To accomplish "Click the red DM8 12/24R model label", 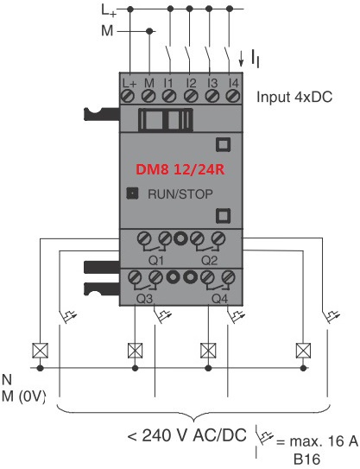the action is [x=180, y=169].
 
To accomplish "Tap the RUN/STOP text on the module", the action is [x=180, y=194].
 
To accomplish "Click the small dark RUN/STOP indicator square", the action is [x=132, y=193].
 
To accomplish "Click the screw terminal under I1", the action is [x=168, y=96].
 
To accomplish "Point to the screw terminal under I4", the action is [x=233, y=96].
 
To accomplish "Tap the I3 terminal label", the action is [x=212, y=83].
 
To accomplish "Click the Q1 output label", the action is [x=156, y=261].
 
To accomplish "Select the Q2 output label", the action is [x=209, y=261].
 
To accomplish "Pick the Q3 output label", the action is [x=144, y=299].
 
